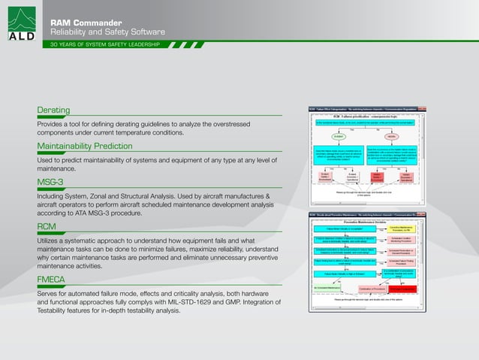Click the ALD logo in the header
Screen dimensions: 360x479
(x=20, y=23)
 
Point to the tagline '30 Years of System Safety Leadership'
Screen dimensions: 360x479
(x=104, y=45)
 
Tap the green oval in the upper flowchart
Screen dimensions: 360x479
(x=341, y=137)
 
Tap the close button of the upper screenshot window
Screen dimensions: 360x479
(x=424, y=108)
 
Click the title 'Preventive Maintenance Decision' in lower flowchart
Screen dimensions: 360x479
(x=366, y=221)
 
